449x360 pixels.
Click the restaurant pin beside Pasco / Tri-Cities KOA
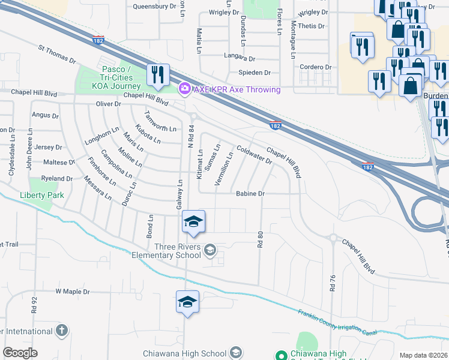[x=158, y=75]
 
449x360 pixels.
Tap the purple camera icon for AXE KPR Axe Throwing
[x=185, y=89]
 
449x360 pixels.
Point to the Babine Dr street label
[x=250, y=194]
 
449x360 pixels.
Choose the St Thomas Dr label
[x=57, y=55]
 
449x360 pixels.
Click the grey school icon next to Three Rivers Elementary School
[x=210, y=250]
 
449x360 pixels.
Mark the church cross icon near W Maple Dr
[x=61, y=330]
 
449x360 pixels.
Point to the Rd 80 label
[x=260, y=239]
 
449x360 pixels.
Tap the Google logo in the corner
[x=20, y=353]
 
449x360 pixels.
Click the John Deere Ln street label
[x=28, y=155]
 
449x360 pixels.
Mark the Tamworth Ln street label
[x=160, y=122]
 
